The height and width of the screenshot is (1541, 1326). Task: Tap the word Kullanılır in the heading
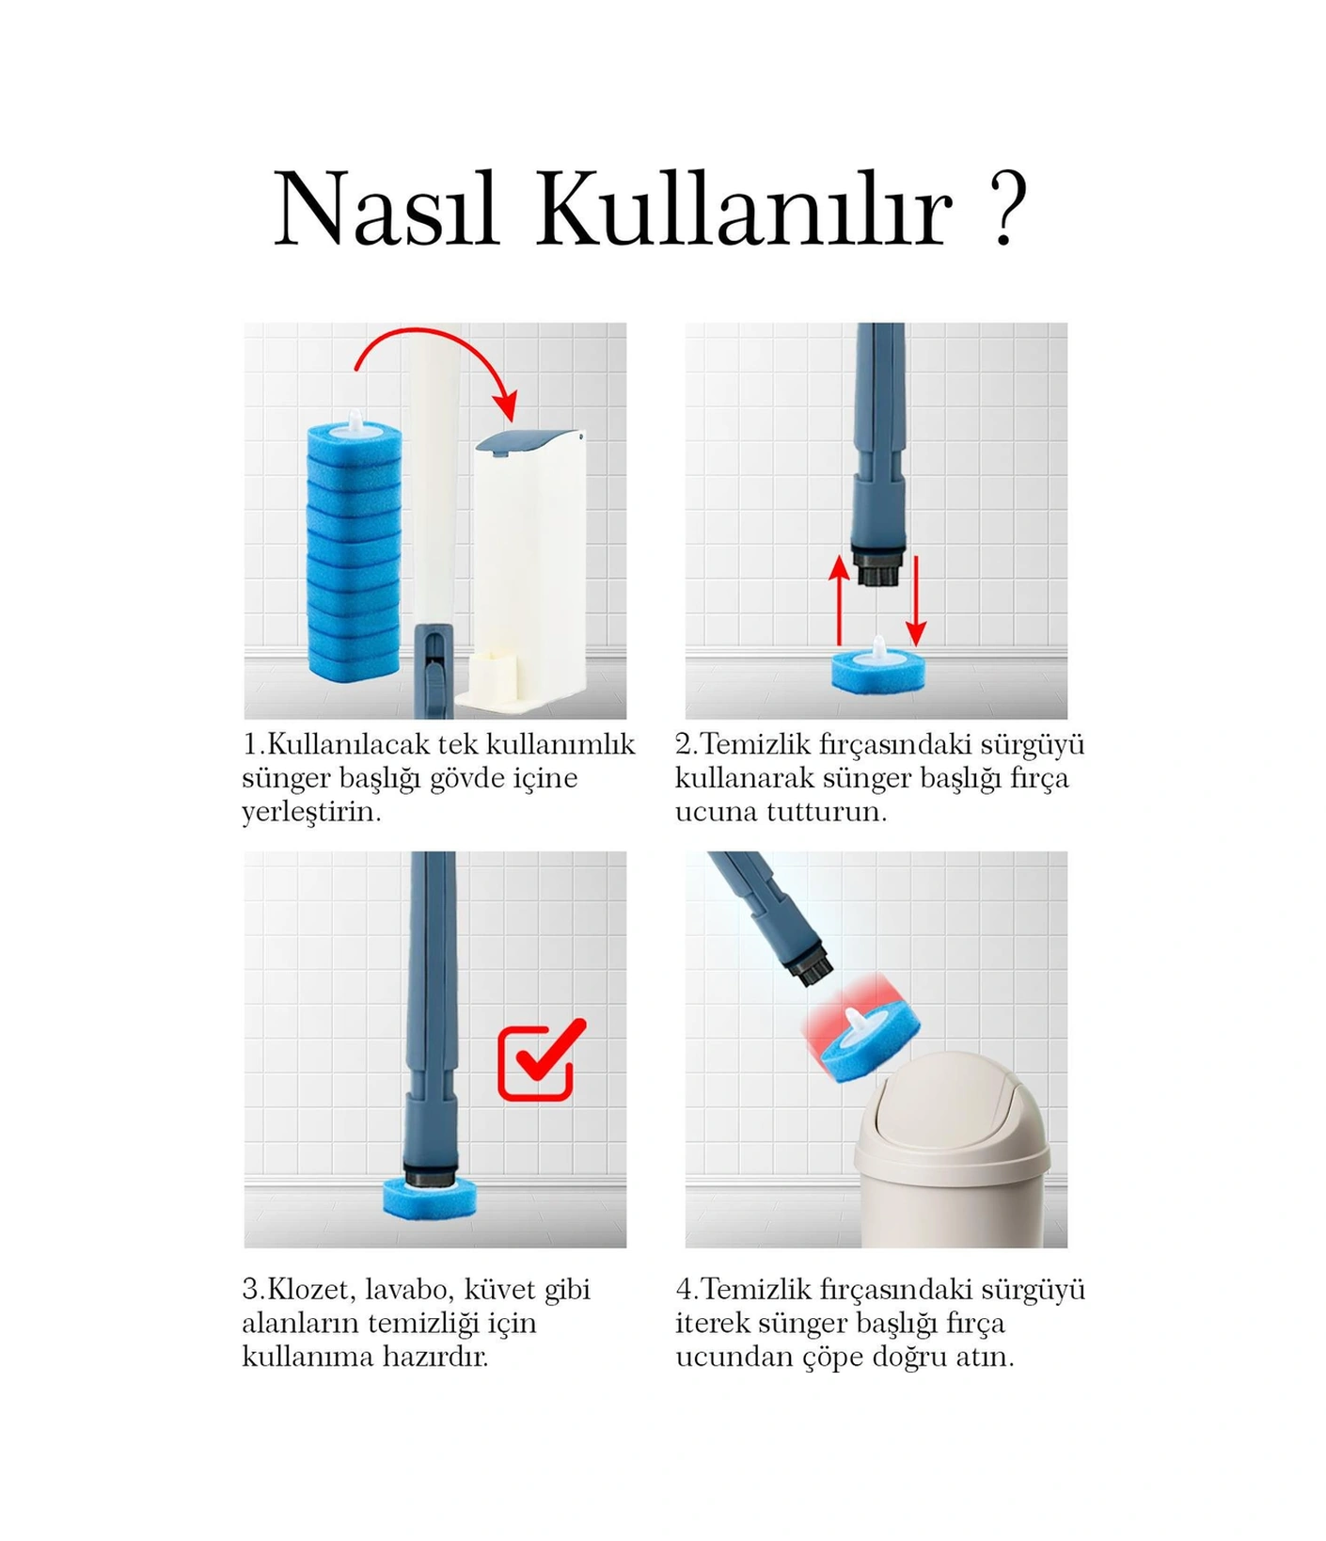point(744,209)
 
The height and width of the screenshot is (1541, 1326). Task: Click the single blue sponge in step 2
point(877,670)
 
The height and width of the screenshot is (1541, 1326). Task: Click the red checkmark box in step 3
point(539,1061)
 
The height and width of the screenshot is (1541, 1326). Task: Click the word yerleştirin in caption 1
point(309,812)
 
